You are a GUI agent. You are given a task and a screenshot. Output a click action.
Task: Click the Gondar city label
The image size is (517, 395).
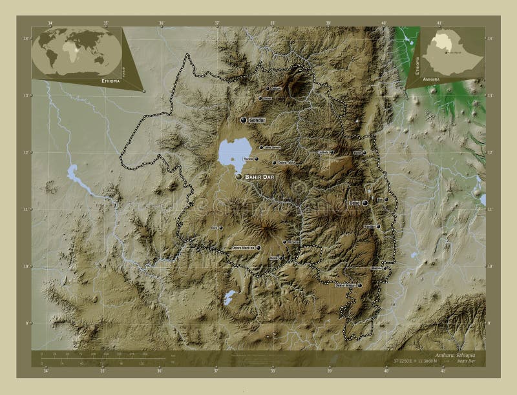click(x=257, y=120)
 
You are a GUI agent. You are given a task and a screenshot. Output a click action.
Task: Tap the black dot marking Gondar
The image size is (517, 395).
click(x=244, y=120)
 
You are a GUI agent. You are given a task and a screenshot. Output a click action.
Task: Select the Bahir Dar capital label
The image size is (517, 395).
click(x=260, y=176)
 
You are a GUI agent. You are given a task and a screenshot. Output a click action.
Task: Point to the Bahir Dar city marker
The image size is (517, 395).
click(x=239, y=176)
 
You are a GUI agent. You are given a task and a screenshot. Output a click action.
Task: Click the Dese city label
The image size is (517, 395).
click(x=354, y=203)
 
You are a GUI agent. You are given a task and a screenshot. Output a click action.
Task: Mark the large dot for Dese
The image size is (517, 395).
click(x=365, y=203)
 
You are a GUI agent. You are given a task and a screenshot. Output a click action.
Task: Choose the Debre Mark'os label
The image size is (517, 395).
click(x=244, y=247)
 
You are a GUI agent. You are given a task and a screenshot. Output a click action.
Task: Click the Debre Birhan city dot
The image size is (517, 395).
click(x=360, y=285)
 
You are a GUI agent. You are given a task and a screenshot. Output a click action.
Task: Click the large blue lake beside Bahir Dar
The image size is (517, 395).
click(x=230, y=152)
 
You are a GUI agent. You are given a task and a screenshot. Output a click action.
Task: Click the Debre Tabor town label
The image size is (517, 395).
click(x=285, y=163)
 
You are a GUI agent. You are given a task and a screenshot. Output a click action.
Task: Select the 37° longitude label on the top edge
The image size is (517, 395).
click(x=217, y=23)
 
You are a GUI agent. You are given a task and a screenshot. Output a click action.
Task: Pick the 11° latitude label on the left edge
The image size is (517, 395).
click(x=26, y=209)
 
